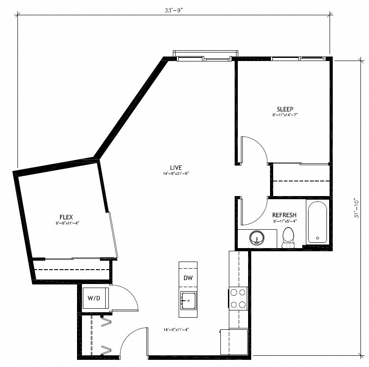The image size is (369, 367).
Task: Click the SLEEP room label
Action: coord(285,109)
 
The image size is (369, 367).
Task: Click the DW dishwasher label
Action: coord(188,278)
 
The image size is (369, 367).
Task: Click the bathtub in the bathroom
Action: coord(318,222)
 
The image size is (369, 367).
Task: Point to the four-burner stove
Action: coord(239,298)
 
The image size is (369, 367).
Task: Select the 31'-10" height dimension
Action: coord(357,208)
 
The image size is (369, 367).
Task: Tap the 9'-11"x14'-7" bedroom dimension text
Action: coord(285,115)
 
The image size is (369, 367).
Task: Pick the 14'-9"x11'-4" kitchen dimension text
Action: coord(176,330)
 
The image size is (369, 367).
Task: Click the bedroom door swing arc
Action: coord(257,148)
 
